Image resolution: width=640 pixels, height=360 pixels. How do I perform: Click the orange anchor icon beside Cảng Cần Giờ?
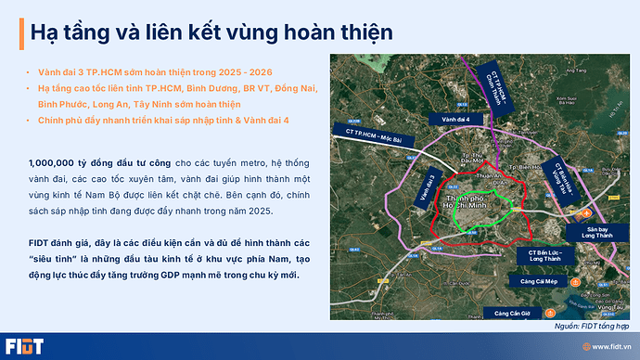[x=551, y=311]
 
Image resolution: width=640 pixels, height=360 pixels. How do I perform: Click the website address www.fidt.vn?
[x=608, y=346]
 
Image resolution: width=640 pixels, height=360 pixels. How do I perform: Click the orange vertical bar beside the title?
[x=21, y=31]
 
